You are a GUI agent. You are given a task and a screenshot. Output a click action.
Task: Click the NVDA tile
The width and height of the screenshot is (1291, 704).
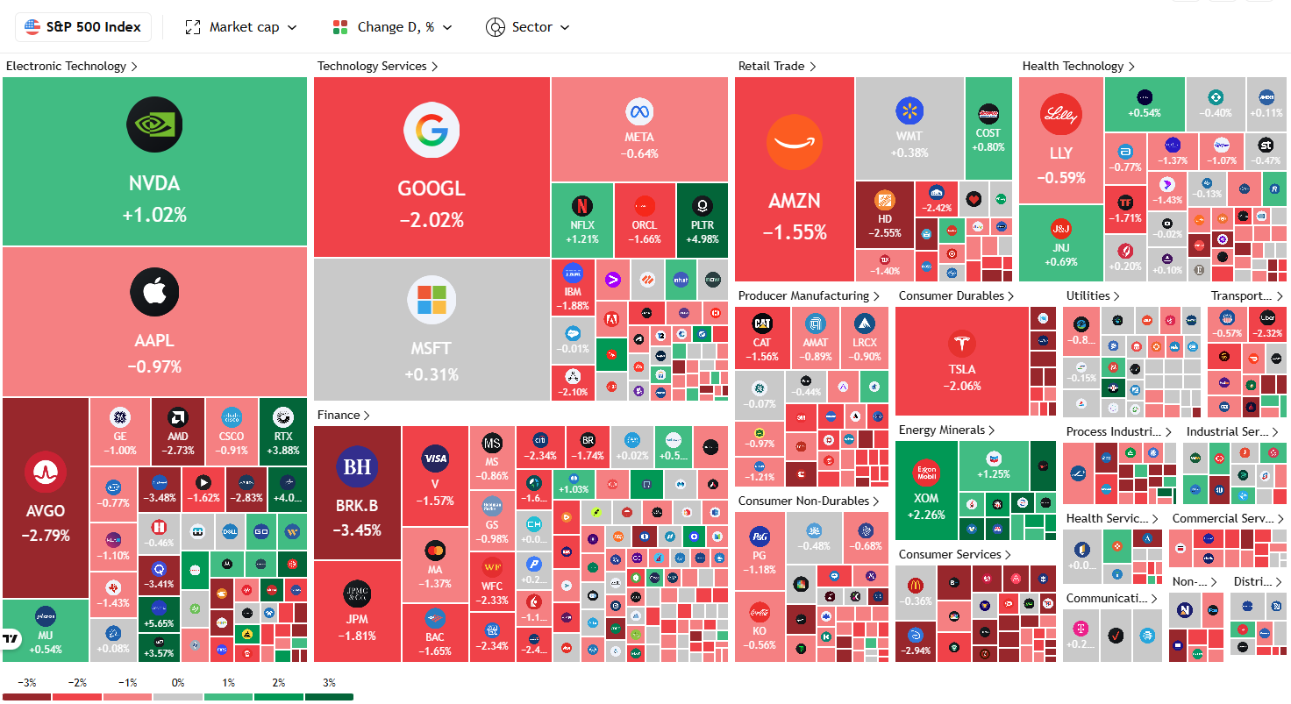coord(154,162)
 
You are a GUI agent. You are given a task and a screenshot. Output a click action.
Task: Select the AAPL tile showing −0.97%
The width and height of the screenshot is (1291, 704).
coord(154,321)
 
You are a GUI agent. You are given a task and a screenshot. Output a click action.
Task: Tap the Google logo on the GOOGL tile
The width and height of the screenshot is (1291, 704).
coord(432,130)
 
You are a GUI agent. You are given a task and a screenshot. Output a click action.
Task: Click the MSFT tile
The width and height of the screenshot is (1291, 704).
coord(432,329)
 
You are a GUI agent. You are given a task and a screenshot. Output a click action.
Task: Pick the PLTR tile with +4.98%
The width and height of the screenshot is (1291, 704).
coord(702,219)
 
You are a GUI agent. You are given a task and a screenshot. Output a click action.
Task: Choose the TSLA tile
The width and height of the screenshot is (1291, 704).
coord(961,360)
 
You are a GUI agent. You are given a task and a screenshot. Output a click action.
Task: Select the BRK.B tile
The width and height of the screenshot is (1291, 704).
coord(357,493)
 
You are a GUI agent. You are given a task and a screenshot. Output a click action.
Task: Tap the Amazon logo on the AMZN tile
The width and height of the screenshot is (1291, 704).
coord(794,143)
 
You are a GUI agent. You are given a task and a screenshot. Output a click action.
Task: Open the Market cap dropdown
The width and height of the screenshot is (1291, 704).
coord(241,27)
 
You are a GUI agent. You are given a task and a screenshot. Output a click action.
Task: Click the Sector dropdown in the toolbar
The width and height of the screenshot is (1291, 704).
coord(528,27)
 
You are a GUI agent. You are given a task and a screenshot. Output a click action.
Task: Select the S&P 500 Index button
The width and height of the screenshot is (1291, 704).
coord(83,27)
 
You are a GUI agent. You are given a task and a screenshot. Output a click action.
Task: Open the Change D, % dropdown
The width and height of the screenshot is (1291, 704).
coord(393,27)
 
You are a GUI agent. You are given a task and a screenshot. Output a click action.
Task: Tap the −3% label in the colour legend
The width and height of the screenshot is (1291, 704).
coord(26,683)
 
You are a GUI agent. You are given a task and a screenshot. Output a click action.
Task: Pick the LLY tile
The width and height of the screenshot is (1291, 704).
coord(1060,140)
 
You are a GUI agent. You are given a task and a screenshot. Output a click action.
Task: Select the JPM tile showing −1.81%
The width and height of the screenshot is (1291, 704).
coord(357,611)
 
